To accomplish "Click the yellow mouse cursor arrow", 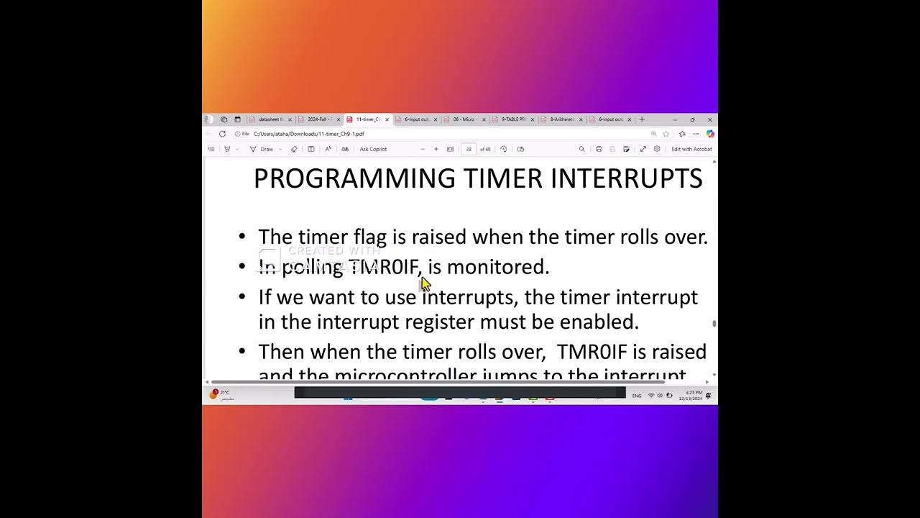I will (x=425, y=283).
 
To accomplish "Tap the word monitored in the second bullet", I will (x=497, y=267).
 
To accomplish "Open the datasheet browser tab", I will (x=271, y=119).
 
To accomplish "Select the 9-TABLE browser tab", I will (x=513, y=119).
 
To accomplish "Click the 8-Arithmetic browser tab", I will (x=561, y=119).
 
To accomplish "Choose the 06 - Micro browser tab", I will (x=464, y=119).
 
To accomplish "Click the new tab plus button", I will (x=642, y=119).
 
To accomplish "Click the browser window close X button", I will (x=710, y=119).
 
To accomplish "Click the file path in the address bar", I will (x=309, y=134).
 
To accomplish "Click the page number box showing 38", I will (x=469, y=150).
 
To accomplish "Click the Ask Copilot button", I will (x=373, y=150).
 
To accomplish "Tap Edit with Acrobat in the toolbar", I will (x=691, y=150).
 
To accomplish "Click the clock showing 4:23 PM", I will (x=694, y=392).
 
